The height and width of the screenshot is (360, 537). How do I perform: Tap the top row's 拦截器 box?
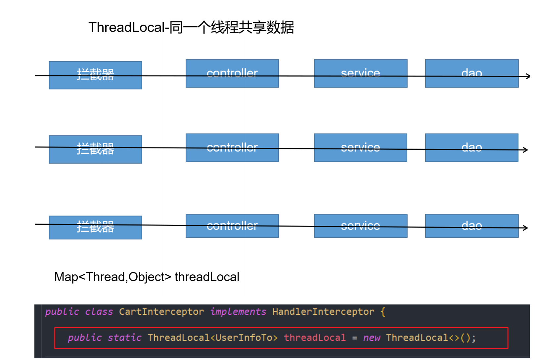[x=95, y=75]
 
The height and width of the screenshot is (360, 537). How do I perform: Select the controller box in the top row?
[x=232, y=73]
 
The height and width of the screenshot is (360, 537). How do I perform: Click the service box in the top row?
[x=360, y=73]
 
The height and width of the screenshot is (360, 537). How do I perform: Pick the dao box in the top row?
[x=471, y=73]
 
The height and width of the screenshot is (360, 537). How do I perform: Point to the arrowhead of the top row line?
[x=528, y=76]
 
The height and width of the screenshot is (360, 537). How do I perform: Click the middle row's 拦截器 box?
[x=95, y=149]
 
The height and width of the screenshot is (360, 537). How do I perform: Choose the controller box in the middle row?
[x=232, y=147]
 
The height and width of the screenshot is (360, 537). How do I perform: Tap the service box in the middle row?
[x=360, y=147]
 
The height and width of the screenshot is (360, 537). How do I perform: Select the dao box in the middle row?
[x=471, y=147]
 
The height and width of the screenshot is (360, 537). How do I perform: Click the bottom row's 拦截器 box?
[x=95, y=227]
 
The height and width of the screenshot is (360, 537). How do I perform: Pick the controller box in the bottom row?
[x=232, y=226]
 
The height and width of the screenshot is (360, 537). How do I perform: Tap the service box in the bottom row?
[x=360, y=226]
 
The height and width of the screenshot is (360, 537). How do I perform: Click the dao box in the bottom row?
[x=471, y=226]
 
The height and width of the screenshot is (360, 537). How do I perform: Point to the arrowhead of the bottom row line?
[x=526, y=228]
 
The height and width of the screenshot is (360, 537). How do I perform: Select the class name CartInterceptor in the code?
[x=161, y=312]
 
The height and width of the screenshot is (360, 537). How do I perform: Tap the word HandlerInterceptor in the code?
[x=323, y=312]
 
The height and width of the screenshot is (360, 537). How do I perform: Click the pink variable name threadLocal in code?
[x=315, y=338]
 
